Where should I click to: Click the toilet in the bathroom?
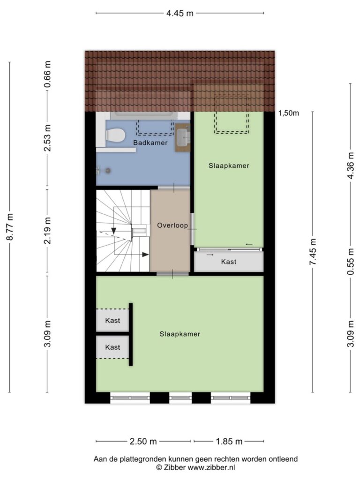coord(115,135)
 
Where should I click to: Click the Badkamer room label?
coord(150,142)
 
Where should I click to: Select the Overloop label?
coord(172,225)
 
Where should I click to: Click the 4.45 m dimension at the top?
coord(180,13)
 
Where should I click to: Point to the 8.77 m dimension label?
coord(10,227)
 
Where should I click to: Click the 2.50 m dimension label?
coord(143,441)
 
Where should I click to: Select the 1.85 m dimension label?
coord(229,441)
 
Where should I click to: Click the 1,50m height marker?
coord(289,113)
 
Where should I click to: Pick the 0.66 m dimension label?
coord(47,75)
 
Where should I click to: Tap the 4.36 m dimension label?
coord(351,165)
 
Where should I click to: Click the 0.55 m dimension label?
coord(351,262)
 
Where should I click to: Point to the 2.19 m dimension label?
coord(47,231)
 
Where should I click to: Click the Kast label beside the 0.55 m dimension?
coord(229,262)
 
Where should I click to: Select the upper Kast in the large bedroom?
coord(112,321)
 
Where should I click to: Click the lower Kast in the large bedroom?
coord(112,347)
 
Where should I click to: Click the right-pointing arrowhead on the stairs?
coord(145,255)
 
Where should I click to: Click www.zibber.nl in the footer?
coord(211,467)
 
